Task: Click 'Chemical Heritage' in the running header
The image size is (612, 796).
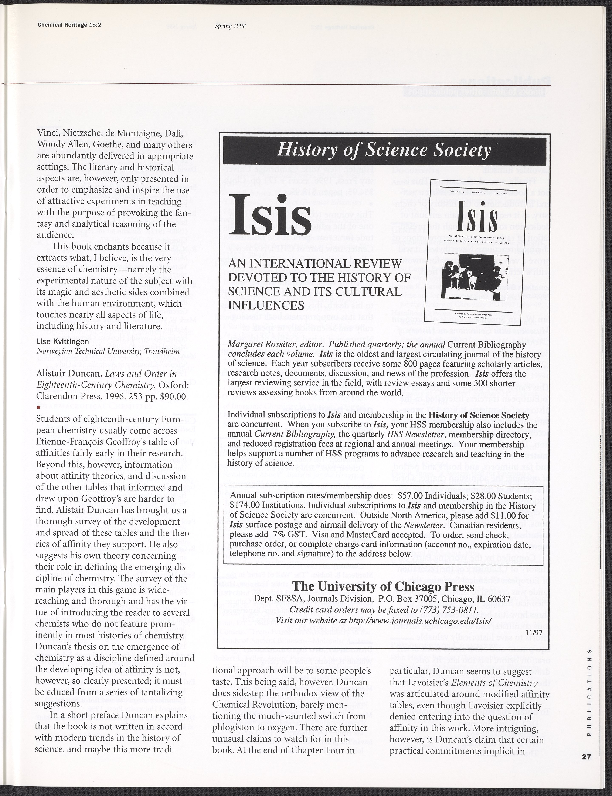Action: click(x=62, y=25)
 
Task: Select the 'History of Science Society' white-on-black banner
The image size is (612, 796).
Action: click(x=384, y=150)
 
